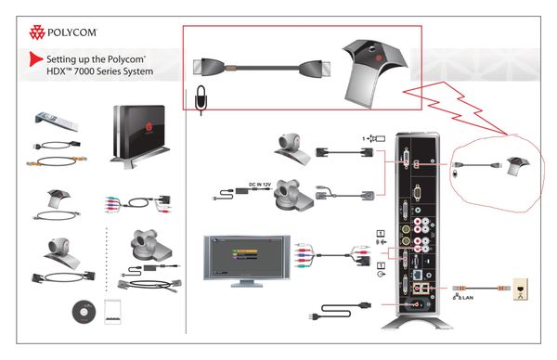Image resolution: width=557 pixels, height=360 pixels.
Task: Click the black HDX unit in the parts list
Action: click(139, 135)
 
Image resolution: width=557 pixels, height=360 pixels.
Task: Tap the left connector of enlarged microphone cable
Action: click(208, 68)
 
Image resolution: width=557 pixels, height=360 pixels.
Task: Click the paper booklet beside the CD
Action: click(116, 311)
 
